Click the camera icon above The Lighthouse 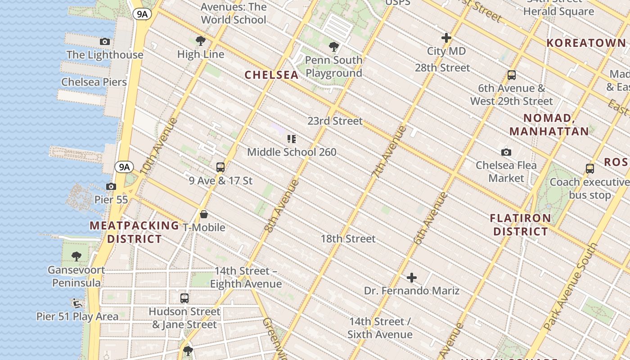[x=105, y=42]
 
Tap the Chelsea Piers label [x=94, y=82]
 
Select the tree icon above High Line [x=201, y=41]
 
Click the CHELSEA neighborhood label [x=271, y=75]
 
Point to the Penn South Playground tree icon [x=333, y=46]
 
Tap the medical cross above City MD [x=446, y=38]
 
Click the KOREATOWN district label [x=586, y=43]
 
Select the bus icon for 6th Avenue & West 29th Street [x=511, y=75]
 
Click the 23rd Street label [x=335, y=121]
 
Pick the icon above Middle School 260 [x=292, y=139]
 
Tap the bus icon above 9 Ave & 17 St [x=220, y=167]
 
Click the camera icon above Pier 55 [x=111, y=186]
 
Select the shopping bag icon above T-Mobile [x=204, y=214]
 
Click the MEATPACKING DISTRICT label [x=134, y=232]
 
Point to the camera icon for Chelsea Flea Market [x=506, y=152]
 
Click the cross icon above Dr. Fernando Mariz [x=412, y=278]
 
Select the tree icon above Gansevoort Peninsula [x=76, y=256]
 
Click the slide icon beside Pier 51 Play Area [x=76, y=303]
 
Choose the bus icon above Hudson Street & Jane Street [x=184, y=298]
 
